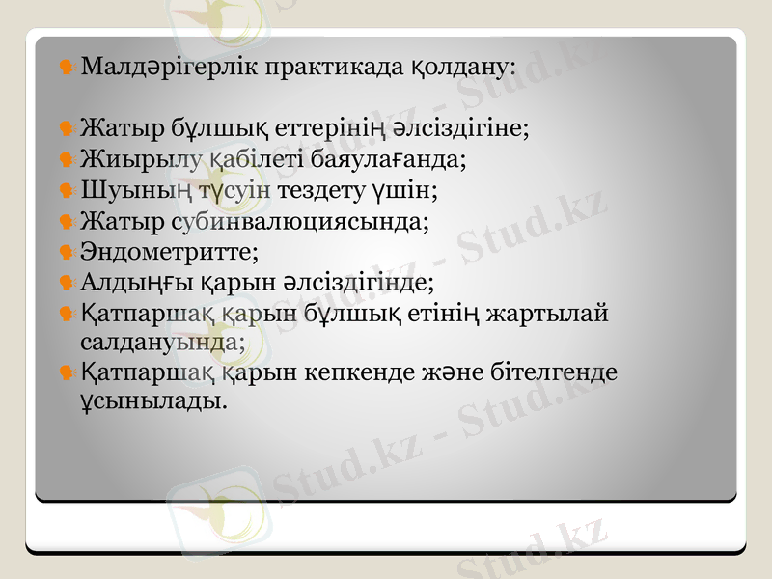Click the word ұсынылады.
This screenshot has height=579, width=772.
155,399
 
